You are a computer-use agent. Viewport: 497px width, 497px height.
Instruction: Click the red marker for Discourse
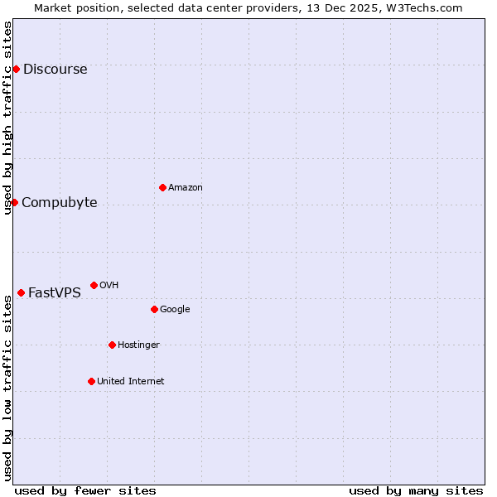tap(16, 69)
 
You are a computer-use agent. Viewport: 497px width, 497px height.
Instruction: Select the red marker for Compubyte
tap(14, 202)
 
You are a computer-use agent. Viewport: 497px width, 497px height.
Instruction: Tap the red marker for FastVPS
tap(21, 292)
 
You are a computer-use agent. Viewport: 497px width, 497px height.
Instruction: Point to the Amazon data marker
tap(162, 187)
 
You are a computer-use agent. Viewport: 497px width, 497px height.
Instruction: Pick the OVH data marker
tap(94, 285)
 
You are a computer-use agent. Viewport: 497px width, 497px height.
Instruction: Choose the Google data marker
tap(154, 309)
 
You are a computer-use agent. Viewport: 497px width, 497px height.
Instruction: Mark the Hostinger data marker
tap(112, 345)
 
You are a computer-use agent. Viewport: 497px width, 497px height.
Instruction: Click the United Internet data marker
tap(91, 381)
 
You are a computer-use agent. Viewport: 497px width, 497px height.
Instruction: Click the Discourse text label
tap(55, 70)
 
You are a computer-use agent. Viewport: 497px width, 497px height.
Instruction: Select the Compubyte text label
tap(60, 203)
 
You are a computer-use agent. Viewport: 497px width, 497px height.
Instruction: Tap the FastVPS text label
tap(55, 293)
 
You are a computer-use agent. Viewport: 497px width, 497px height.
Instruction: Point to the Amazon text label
tap(186, 188)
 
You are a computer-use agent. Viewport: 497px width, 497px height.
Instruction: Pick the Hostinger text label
tap(138, 345)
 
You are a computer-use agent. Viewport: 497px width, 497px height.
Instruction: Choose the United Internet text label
tap(131, 382)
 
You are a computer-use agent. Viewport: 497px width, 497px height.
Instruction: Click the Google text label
tap(175, 310)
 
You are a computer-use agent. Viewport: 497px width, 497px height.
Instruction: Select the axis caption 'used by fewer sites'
tap(85, 490)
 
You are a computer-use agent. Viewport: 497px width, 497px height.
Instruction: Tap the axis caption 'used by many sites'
tap(416, 490)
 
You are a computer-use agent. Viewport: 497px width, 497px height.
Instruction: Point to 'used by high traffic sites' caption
tap(7, 118)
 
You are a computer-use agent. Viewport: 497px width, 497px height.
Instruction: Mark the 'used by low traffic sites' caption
tap(7, 388)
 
